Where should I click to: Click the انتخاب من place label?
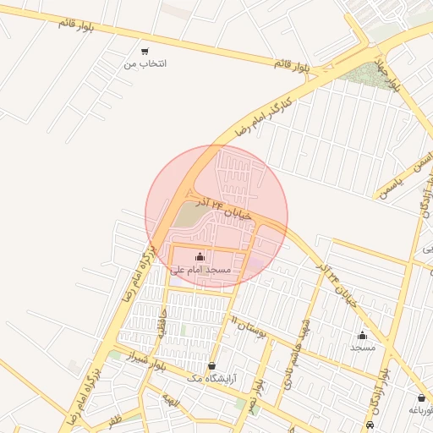[x=145, y=63]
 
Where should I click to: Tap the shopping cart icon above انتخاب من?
[x=145, y=52]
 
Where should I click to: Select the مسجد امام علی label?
[x=200, y=270]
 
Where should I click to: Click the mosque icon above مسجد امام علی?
[x=200, y=256]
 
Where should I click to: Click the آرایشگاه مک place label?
[x=211, y=380]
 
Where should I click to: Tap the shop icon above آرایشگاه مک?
[x=211, y=366]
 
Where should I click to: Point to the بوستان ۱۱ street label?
[x=249, y=328]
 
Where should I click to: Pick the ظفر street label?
[x=115, y=418]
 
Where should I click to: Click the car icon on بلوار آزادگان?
[x=370, y=424]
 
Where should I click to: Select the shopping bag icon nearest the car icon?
[x=420, y=398]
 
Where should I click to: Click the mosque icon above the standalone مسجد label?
[x=363, y=335]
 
